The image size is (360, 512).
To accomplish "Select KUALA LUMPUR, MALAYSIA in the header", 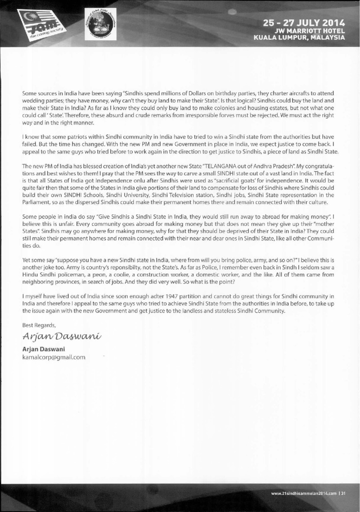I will pyautogui.click(x=299, y=37).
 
